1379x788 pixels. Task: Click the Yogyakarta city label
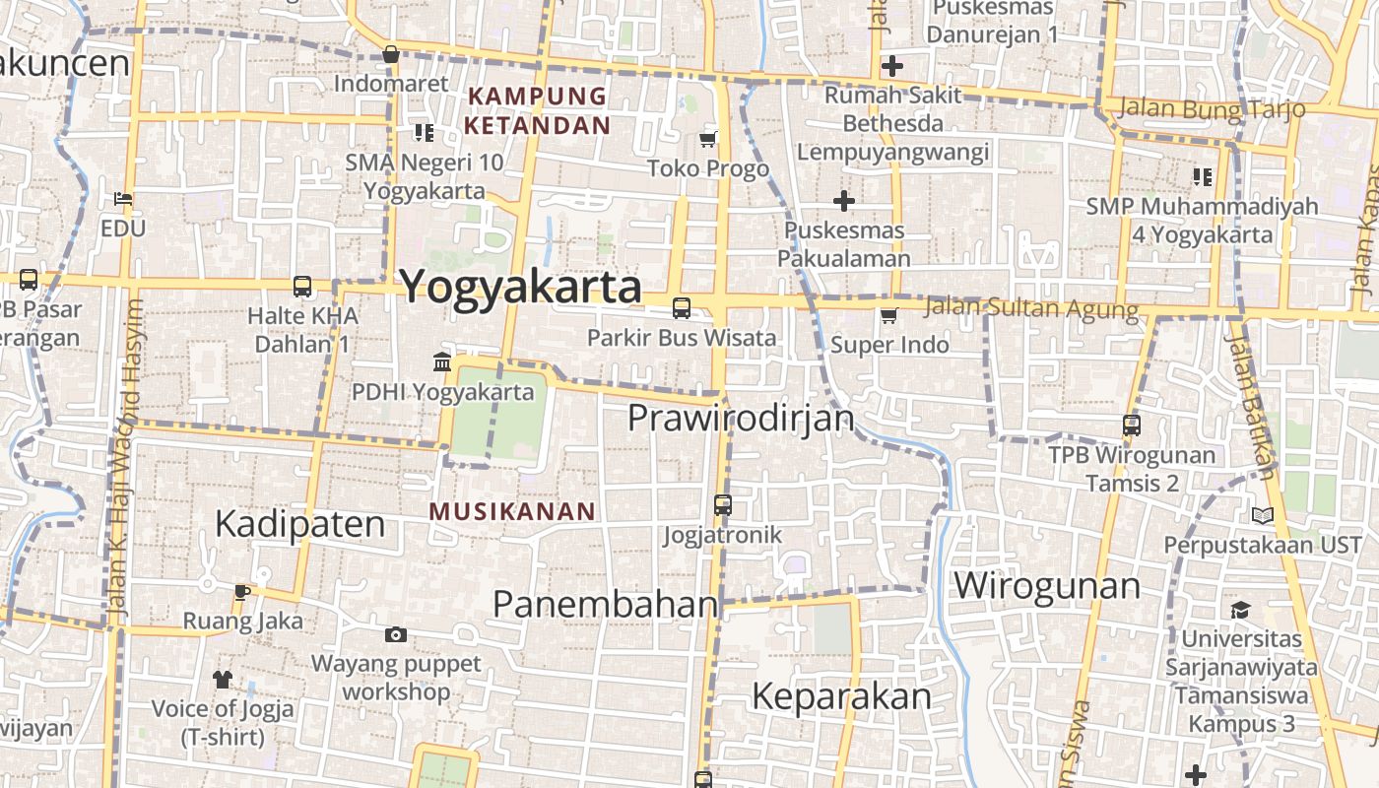click(x=520, y=287)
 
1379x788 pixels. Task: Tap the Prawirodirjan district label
click(x=741, y=418)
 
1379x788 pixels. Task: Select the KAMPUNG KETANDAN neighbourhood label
click(x=537, y=111)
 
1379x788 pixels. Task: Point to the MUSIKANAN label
click(x=513, y=511)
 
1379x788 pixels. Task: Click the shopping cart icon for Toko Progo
click(x=707, y=140)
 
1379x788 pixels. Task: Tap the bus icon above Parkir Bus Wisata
click(x=681, y=308)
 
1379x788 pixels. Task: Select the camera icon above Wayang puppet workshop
click(x=395, y=634)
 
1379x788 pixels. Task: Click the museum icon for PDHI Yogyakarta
click(x=442, y=361)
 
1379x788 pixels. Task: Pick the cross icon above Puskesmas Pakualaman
click(x=843, y=201)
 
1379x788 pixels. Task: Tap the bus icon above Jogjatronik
click(x=723, y=505)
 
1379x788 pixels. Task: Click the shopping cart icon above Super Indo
click(x=888, y=315)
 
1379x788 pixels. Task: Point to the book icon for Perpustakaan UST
click(x=1262, y=515)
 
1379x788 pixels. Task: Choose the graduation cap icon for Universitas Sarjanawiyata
click(x=1240, y=610)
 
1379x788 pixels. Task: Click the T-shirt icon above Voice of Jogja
click(x=223, y=679)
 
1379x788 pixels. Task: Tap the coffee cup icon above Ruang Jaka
click(x=242, y=592)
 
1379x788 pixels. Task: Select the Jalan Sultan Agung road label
click(x=1031, y=308)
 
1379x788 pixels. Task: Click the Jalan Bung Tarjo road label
click(x=1212, y=108)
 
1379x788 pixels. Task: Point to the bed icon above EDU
click(x=123, y=199)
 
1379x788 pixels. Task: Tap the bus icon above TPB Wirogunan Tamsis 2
click(x=1132, y=426)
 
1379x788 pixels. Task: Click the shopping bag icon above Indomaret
click(x=391, y=54)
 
